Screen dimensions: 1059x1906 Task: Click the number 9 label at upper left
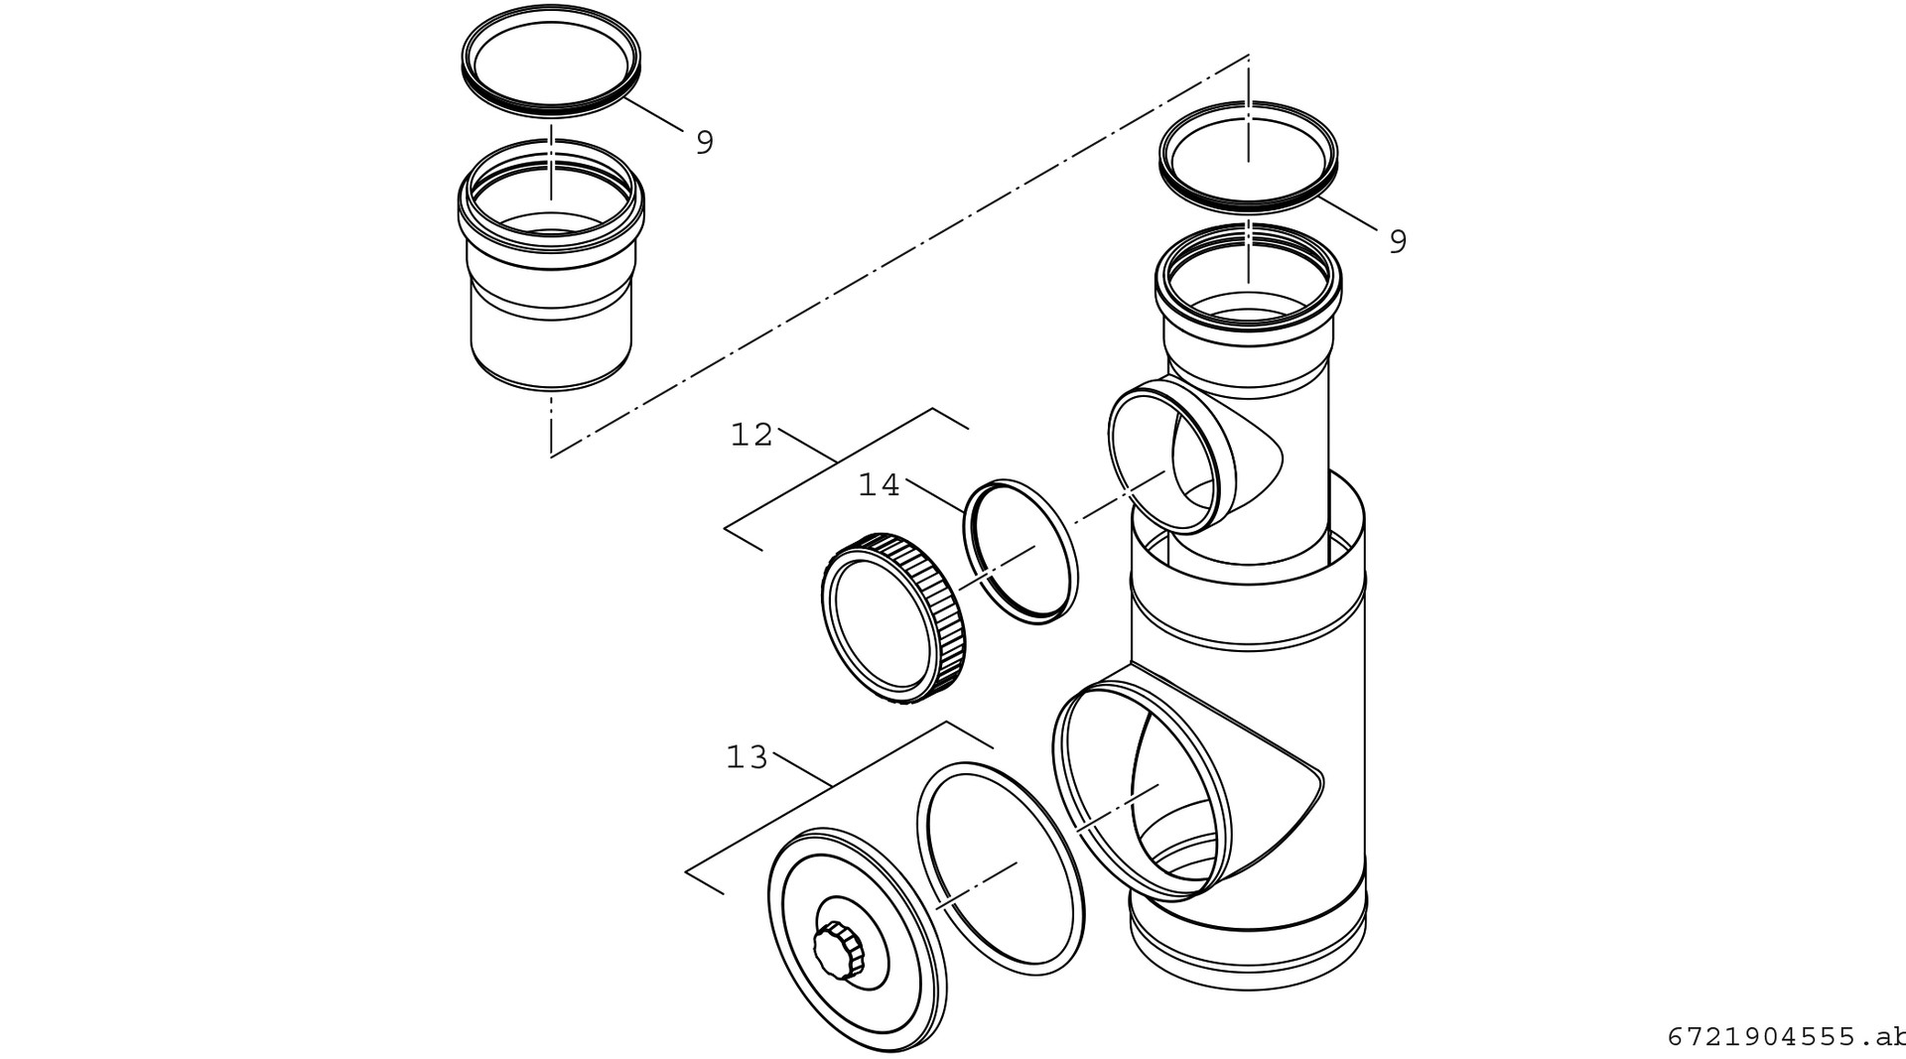704,143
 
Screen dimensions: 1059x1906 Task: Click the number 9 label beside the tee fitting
1398,241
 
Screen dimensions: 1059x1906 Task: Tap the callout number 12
751,435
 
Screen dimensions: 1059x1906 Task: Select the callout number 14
879,485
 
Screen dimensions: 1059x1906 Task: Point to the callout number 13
748,758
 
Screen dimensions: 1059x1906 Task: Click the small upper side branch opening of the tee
1171,462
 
